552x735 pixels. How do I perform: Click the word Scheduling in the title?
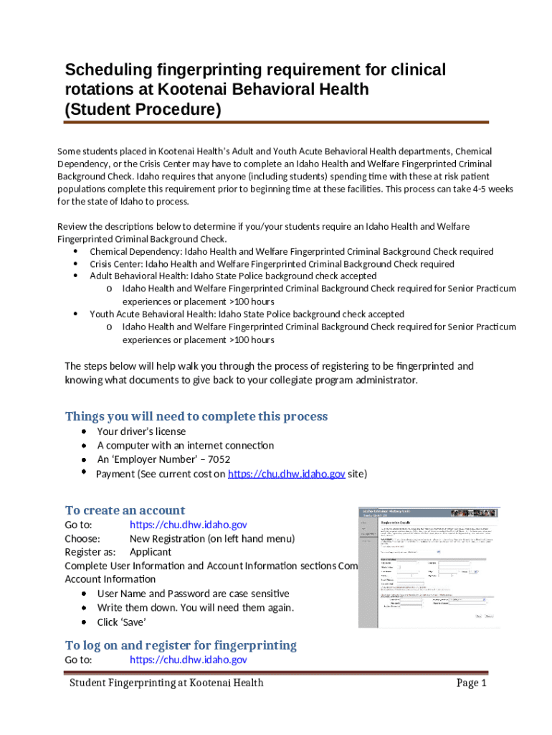(x=107, y=70)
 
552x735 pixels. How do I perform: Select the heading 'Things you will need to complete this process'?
(x=196, y=416)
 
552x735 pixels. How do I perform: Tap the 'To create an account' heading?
(x=125, y=510)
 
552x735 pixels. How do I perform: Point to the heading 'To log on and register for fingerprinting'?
(x=181, y=645)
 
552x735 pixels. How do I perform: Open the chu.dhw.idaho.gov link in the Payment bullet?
(x=286, y=474)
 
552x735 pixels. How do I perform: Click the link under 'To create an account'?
(x=188, y=525)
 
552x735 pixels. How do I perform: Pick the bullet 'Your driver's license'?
(x=141, y=431)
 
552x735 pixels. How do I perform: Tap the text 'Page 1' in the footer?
(x=472, y=683)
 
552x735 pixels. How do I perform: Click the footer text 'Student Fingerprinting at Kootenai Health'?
(x=166, y=683)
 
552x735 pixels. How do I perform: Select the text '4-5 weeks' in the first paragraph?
(x=491, y=188)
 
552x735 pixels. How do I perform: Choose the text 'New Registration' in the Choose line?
(x=167, y=538)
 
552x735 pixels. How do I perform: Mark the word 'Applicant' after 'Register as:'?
(x=150, y=552)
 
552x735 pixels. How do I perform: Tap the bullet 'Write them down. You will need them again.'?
(x=195, y=608)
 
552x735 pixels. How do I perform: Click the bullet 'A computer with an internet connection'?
(x=185, y=446)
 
